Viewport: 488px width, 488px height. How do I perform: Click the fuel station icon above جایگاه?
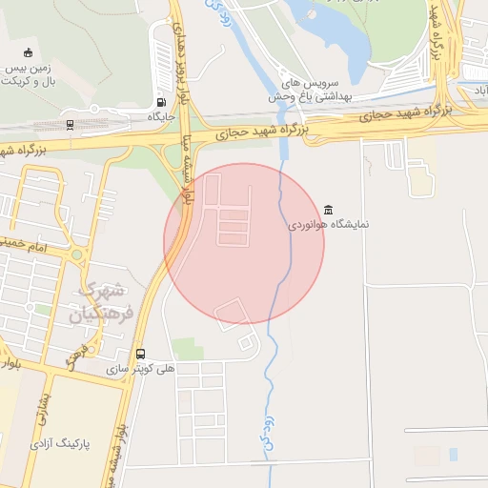159,102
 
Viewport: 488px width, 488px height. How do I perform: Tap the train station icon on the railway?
70,124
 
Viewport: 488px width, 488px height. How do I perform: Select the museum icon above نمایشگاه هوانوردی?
329,210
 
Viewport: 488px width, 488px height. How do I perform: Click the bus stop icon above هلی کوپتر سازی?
141,353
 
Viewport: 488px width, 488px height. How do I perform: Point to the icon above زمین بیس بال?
28,53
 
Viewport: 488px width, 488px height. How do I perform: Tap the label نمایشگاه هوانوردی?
329,226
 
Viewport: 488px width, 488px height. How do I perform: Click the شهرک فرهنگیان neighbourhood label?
103,300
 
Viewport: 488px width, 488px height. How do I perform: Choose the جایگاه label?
158,116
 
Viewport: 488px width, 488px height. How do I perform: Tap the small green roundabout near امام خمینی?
76,255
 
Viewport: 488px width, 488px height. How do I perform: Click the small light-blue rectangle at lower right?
453,455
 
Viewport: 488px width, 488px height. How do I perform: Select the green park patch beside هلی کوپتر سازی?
188,349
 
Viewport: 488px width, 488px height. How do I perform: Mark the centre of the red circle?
244,243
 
